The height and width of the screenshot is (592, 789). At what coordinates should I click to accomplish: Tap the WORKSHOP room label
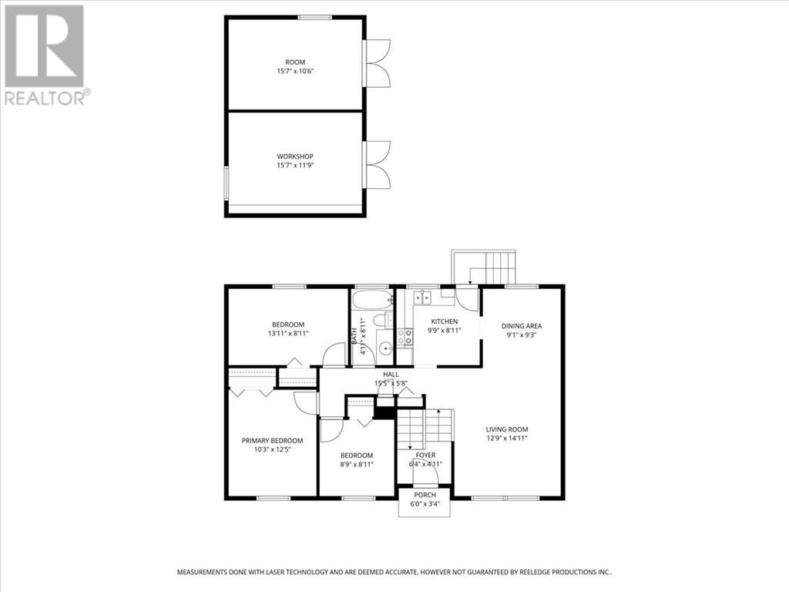point(295,156)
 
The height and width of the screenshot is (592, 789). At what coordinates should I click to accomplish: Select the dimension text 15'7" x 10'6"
point(295,71)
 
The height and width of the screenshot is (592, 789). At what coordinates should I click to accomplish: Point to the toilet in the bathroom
point(381,320)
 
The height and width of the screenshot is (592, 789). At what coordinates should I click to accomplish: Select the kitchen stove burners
point(402,336)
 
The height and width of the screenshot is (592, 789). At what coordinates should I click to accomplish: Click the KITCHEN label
point(444,321)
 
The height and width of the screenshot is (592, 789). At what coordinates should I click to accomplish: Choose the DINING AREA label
point(522,325)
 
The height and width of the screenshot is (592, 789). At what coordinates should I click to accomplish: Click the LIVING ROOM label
point(506,429)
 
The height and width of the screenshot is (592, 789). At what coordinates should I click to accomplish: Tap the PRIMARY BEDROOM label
point(272,441)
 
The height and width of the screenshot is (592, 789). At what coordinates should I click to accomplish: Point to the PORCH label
point(425,495)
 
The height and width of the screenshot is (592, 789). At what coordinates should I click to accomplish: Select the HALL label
point(391,375)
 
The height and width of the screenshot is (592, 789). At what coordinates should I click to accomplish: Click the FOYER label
point(425,455)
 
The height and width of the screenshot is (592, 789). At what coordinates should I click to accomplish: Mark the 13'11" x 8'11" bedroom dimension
point(287,333)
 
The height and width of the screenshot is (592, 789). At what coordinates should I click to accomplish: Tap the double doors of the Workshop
point(378,164)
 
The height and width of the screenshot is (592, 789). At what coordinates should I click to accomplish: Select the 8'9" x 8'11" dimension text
point(357,464)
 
